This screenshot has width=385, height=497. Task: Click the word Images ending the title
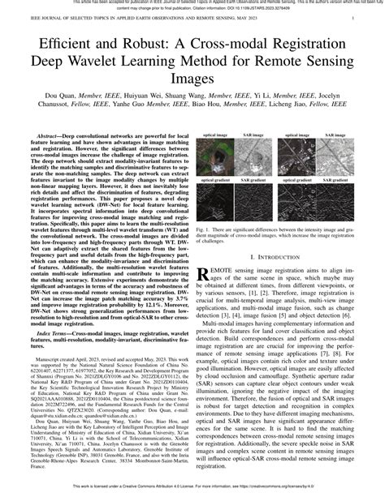tap(192, 79)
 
